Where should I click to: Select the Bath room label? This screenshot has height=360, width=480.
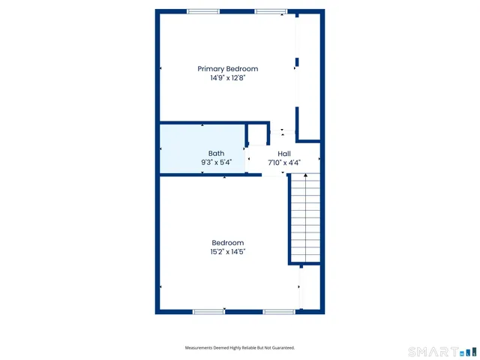click(216, 153)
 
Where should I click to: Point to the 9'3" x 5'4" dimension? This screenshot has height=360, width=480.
click(216, 162)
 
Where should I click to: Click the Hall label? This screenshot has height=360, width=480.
click(284, 153)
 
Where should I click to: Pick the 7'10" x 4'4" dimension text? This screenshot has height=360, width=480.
click(284, 162)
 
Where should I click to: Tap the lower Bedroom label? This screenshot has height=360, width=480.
click(227, 243)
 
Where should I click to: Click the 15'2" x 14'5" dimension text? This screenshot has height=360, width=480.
click(227, 252)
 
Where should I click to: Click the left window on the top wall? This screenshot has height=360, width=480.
click(202, 11)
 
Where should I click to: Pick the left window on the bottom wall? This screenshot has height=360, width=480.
click(208, 311)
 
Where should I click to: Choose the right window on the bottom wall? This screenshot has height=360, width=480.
click(278, 311)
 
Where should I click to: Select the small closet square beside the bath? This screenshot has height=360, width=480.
click(258, 135)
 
